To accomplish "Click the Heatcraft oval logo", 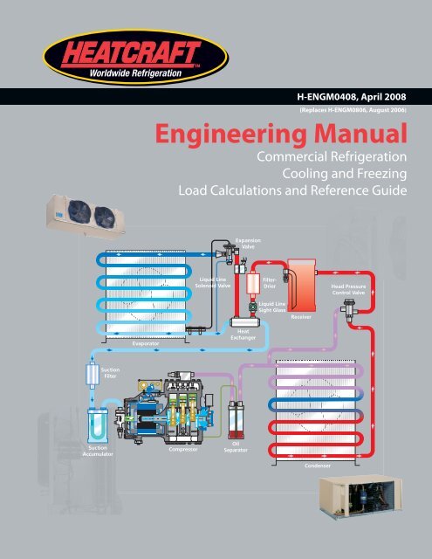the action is coord(135,57).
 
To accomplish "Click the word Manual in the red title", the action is coord(360,134).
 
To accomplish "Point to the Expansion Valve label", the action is coord(248,244).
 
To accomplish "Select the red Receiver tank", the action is coord(301,286).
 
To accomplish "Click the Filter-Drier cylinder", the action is coord(252,283).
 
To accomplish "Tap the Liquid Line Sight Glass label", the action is coord(272,307).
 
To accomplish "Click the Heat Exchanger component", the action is coord(245,322).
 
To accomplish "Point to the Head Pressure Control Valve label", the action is coord(348,289).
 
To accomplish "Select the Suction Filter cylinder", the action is coord(93,374).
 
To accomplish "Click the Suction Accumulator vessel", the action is coord(98,425).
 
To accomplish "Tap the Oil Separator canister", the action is coord(236,420).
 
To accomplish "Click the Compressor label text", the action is coord(183,450).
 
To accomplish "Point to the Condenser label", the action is coord(318,466).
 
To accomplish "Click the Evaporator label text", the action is coord(146,343).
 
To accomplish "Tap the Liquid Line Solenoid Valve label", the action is coord(213,282).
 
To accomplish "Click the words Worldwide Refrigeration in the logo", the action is coord(135,73).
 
